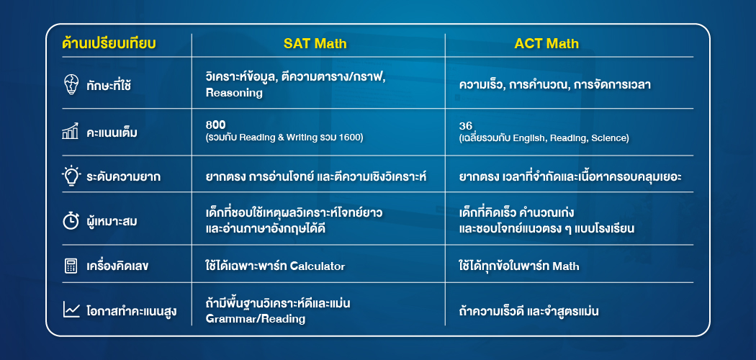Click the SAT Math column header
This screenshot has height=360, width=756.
pyautogui.click(x=315, y=44)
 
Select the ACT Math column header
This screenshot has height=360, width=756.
pyautogui.click(x=546, y=44)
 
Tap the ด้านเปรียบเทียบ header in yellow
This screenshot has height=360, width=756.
pyautogui.click(x=109, y=44)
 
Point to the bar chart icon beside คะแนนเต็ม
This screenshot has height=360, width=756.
pyautogui.click(x=71, y=132)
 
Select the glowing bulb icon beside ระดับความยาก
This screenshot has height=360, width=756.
pyautogui.click(x=71, y=175)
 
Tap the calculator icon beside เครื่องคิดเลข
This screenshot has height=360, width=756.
pyautogui.click(x=71, y=266)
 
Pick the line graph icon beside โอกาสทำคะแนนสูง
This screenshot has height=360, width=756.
pyautogui.click(x=71, y=310)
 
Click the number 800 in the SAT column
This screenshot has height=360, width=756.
pyautogui.click(x=215, y=125)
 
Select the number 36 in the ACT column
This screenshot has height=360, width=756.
pyautogui.click(x=465, y=125)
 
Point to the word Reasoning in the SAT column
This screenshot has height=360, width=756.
pyautogui.click(x=234, y=93)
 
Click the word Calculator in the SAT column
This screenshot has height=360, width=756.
pyautogui.click(x=318, y=266)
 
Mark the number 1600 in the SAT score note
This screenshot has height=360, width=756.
pyautogui.click(x=351, y=138)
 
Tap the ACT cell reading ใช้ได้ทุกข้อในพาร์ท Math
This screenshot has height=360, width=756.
pyautogui.click(x=519, y=266)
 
